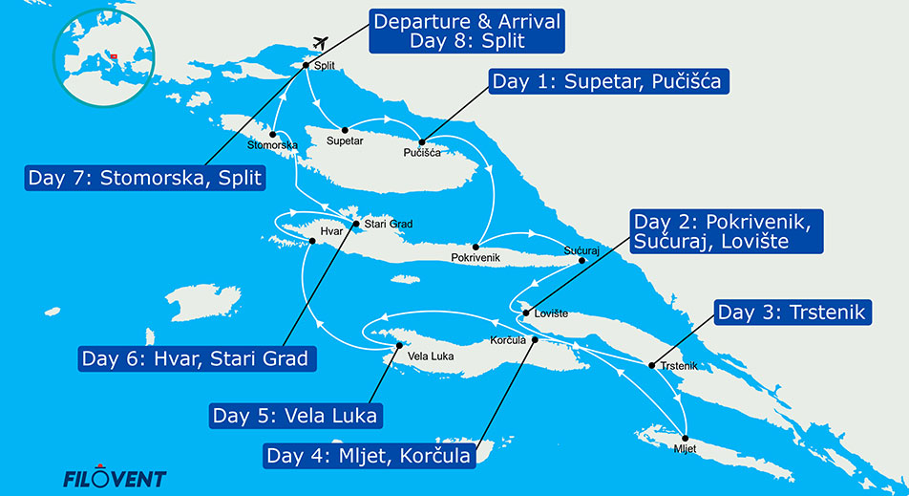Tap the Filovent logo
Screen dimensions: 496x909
[114, 477]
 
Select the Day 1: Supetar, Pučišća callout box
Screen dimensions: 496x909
[609, 82]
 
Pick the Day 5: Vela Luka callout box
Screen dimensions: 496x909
[294, 416]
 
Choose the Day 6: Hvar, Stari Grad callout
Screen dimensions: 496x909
[197, 359]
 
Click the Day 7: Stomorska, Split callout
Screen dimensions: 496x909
[145, 178]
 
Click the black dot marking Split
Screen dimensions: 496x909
[306, 66]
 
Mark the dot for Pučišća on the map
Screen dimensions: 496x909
[421, 141]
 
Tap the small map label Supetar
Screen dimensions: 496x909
[345, 141]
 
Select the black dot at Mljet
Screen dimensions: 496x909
[685, 435]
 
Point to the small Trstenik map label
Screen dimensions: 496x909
[678, 366]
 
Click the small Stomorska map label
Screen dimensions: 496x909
[272, 145]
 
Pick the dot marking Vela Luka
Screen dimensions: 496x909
[396, 348]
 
